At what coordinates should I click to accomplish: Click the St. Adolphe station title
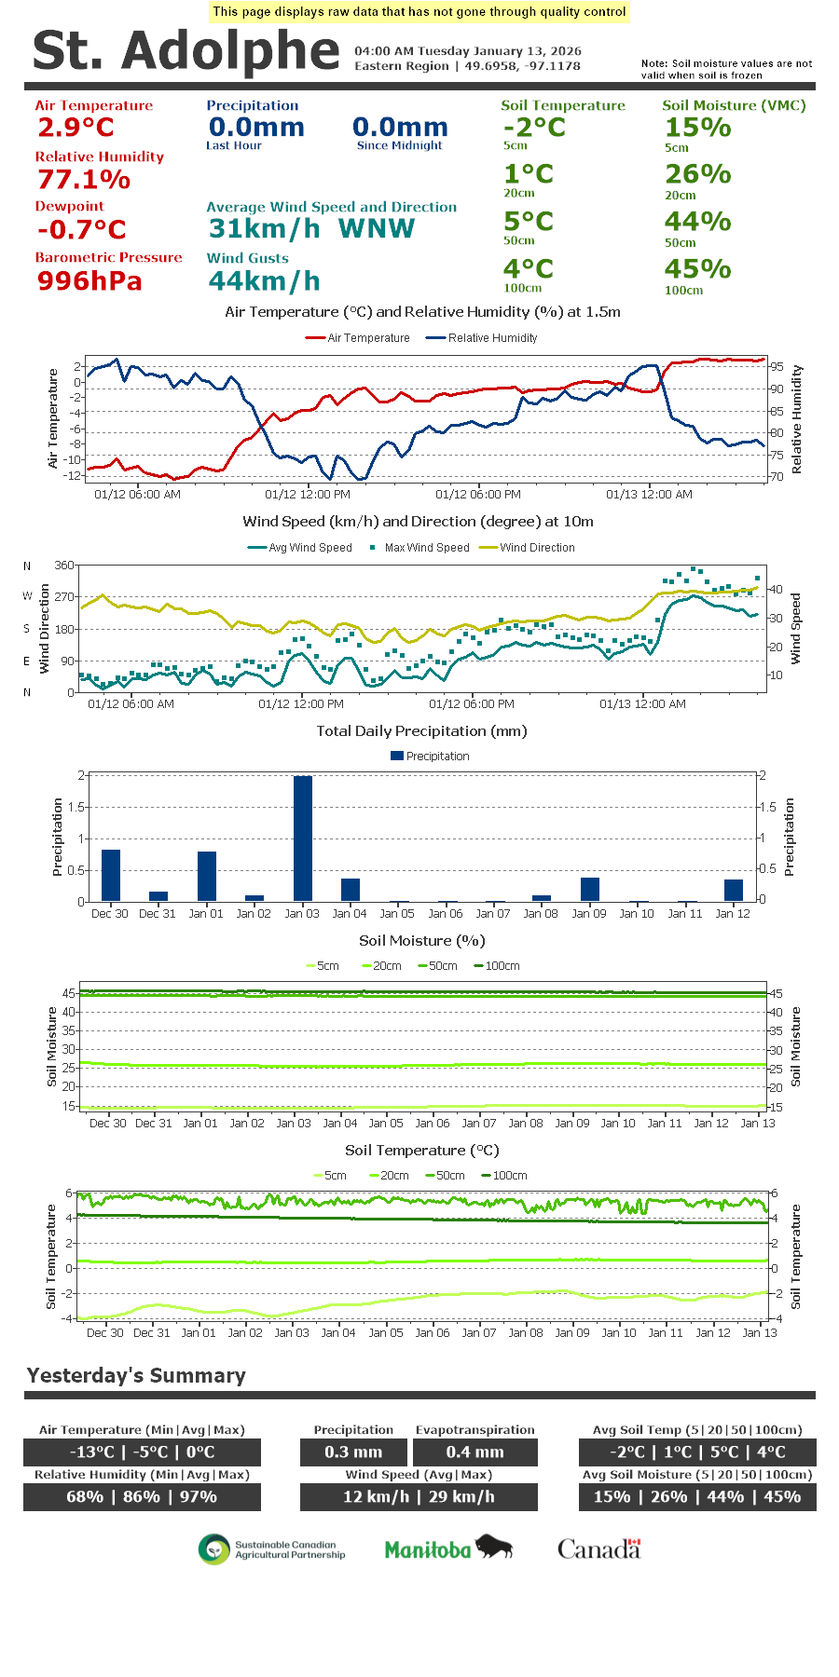(186, 50)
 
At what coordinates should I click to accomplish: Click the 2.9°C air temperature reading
(76, 128)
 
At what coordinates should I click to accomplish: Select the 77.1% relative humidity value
(84, 179)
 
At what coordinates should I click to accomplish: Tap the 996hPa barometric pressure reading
(89, 280)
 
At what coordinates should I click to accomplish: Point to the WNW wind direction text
(377, 229)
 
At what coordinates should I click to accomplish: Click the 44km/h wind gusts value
(264, 280)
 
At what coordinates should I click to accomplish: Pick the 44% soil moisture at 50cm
(697, 222)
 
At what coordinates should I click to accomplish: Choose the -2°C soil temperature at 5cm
(534, 128)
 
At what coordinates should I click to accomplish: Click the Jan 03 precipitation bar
(303, 838)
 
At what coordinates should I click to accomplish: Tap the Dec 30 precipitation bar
(111, 875)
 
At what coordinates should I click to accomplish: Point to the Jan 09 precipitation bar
(589, 889)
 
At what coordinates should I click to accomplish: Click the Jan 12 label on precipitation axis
(733, 914)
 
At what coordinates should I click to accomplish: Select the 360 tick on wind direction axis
(64, 566)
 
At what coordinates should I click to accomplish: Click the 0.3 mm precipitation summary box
(353, 1452)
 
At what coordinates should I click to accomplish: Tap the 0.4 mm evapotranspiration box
(475, 1452)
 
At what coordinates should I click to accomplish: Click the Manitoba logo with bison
(448, 1549)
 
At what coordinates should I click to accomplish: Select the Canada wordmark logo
(598, 1549)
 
